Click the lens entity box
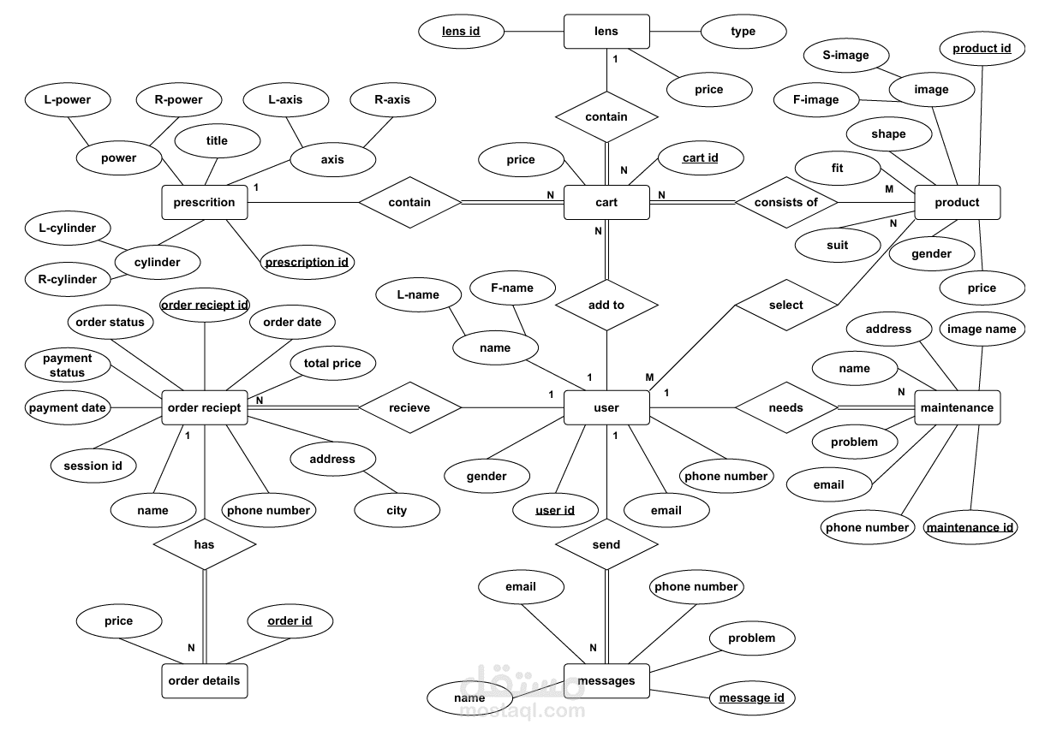(x=606, y=31)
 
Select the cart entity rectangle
(x=606, y=202)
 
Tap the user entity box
(x=606, y=408)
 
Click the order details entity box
(x=205, y=681)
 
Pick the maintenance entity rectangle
(x=958, y=408)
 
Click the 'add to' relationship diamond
(x=606, y=306)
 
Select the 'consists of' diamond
(x=786, y=202)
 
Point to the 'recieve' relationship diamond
(x=409, y=408)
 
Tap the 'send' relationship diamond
(x=606, y=544)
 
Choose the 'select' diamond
(x=786, y=306)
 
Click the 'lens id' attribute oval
(x=461, y=31)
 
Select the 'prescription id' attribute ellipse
(x=307, y=262)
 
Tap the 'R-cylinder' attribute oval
(x=68, y=279)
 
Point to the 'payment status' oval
(x=68, y=365)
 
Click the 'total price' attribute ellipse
(x=332, y=363)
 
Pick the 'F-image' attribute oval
(x=816, y=100)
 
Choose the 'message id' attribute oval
(x=751, y=697)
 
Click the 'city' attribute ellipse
(x=397, y=510)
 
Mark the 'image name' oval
(x=982, y=329)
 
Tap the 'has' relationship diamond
(x=205, y=544)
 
